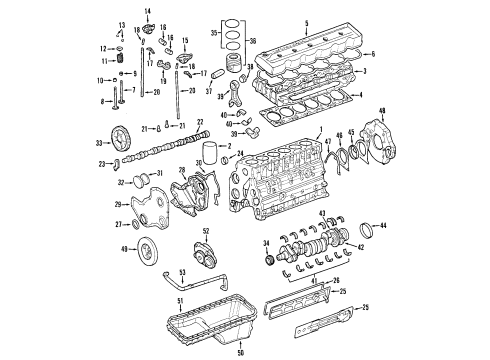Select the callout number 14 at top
click(x=146, y=10)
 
